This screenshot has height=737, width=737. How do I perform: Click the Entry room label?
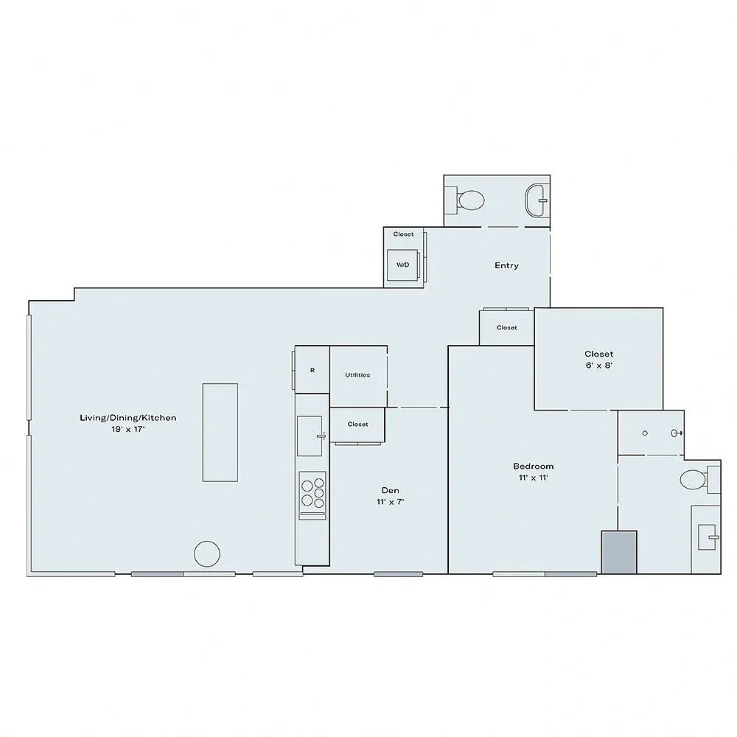(506, 265)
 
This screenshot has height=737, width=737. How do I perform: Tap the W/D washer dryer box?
(403, 265)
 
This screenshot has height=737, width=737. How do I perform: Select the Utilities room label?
(357, 375)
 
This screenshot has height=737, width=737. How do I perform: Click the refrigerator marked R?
(312, 371)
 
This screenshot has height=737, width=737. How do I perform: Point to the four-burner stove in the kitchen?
(312, 495)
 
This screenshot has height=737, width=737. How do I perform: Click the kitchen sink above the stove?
(310, 436)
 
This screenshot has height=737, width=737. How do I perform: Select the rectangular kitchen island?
(220, 433)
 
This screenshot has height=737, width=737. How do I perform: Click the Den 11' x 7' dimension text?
(390, 501)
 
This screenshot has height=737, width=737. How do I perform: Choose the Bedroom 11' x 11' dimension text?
(534, 478)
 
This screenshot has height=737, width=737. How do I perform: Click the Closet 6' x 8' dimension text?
(598, 366)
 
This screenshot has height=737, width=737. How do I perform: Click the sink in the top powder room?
(537, 200)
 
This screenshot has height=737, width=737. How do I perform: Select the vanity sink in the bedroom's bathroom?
(707, 537)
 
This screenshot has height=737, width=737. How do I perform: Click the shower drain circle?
(645, 433)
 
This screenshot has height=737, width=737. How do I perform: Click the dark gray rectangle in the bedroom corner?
(620, 552)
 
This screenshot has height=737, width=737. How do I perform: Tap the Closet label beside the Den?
(357, 425)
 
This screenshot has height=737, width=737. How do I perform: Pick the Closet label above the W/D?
(403, 234)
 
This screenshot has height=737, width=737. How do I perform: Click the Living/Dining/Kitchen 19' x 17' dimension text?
(128, 429)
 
